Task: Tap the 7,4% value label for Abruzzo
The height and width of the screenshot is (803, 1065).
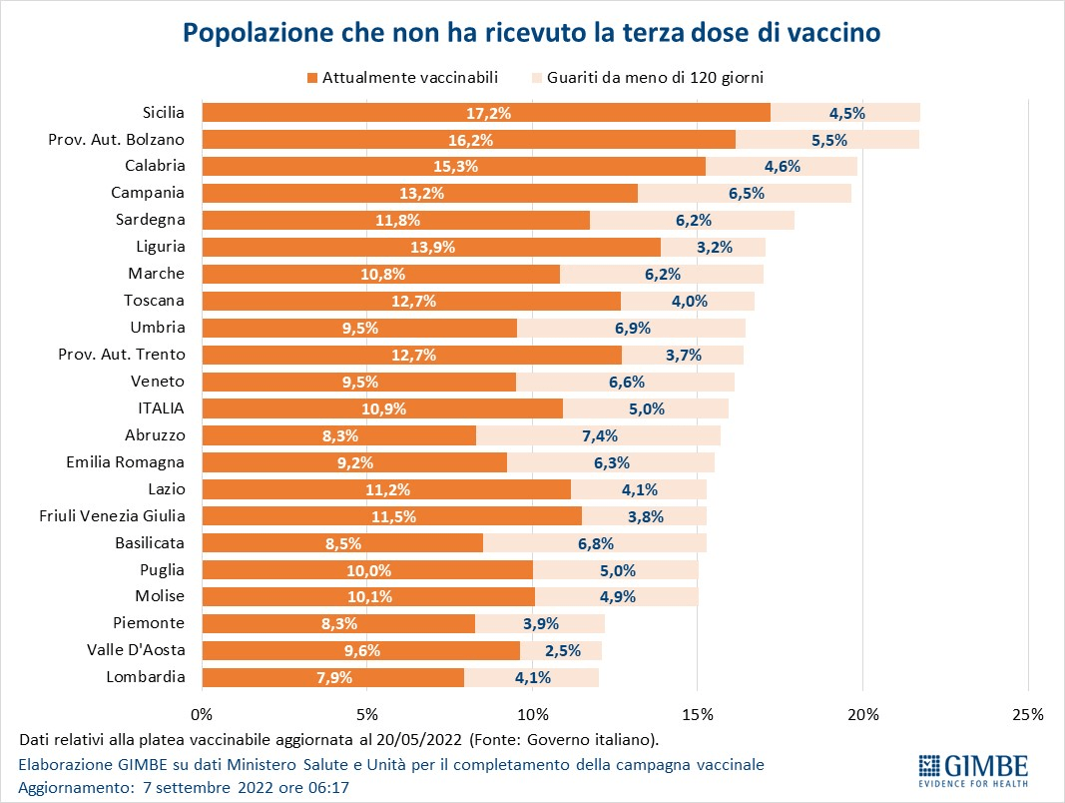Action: coord(600,435)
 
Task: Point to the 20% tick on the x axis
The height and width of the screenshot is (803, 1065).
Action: coord(862,714)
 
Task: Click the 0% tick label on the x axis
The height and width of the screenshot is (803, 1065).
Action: coord(202,714)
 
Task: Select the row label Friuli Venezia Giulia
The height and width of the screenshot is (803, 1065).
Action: coord(113,515)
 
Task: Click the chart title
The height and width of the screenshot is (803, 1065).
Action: coord(531,33)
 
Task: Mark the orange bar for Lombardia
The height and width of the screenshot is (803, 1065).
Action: coord(332,678)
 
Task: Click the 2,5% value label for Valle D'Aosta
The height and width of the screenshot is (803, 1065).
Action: coord(560,651)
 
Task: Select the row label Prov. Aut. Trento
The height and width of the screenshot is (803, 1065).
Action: coord(119,354)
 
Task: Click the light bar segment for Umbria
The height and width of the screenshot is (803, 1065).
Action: coord(631,328)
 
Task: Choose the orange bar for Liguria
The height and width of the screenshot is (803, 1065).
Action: coord(431,247)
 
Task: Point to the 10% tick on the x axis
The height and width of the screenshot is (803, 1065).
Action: coord(532,714)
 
